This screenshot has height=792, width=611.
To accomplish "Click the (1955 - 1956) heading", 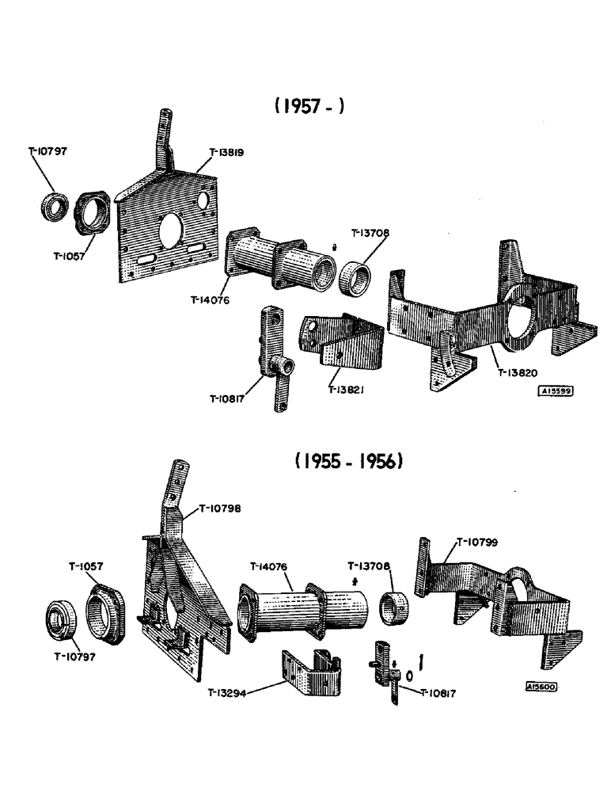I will [350, 461].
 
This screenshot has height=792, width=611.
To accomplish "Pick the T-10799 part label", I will [476, 543].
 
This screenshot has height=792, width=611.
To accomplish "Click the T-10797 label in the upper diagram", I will [47, 150].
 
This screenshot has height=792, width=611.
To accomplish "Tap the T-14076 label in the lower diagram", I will [270, 566].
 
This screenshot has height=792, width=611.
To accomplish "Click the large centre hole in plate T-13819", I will [172, 230].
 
